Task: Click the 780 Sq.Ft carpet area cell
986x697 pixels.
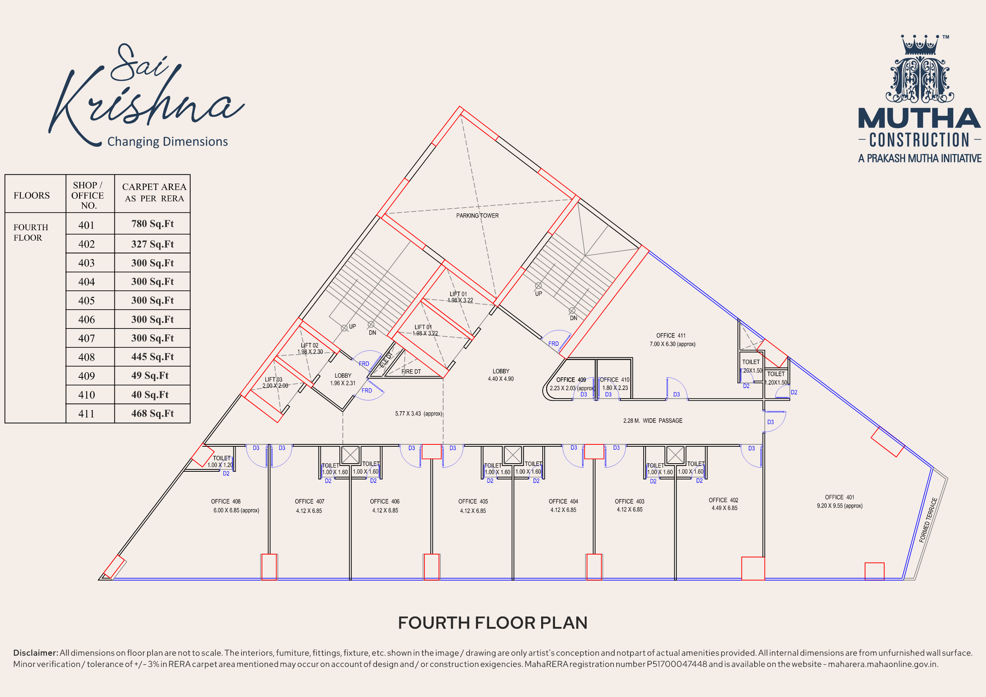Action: pos(153,224)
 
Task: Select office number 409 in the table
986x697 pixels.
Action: pos(86,376)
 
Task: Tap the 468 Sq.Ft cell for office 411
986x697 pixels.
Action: pos(153,414)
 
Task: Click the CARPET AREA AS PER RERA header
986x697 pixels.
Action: pos(154,193)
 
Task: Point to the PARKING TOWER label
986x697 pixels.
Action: pos(477,216)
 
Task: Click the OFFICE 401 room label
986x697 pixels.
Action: pos(839,497)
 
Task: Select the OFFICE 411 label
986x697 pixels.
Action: pos(671,336)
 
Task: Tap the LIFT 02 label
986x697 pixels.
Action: pos(309,345)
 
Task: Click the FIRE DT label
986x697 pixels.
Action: pos(411,372)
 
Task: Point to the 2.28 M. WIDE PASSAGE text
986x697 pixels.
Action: pos(652,421)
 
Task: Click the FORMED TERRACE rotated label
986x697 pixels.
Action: pos(928,520)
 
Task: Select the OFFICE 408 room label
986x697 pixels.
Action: pos(225,502)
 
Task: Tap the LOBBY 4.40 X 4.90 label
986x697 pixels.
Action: pos(501,375)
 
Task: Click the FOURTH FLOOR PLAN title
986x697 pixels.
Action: pos(493,623)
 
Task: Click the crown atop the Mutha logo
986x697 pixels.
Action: pos(920,44)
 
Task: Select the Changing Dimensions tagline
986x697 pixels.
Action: pos(168,142)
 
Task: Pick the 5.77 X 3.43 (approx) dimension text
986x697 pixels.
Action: pos(418,414)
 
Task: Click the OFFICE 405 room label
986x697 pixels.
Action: pos(473,502)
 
